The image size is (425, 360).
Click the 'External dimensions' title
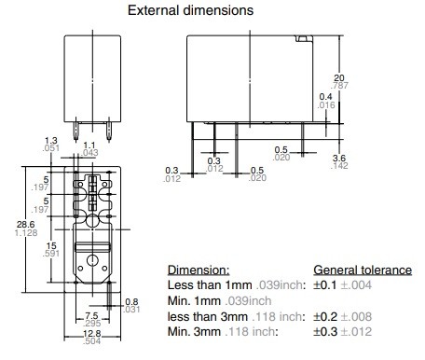190,10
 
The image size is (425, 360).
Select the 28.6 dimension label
26,224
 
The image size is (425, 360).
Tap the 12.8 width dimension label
92,334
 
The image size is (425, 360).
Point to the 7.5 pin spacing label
91,316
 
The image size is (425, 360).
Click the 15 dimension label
51,246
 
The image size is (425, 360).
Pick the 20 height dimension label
339,77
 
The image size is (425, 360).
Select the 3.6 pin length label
339,158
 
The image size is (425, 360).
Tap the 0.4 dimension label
325,97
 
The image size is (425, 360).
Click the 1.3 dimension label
51,141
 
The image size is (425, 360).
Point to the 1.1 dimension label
89,145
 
